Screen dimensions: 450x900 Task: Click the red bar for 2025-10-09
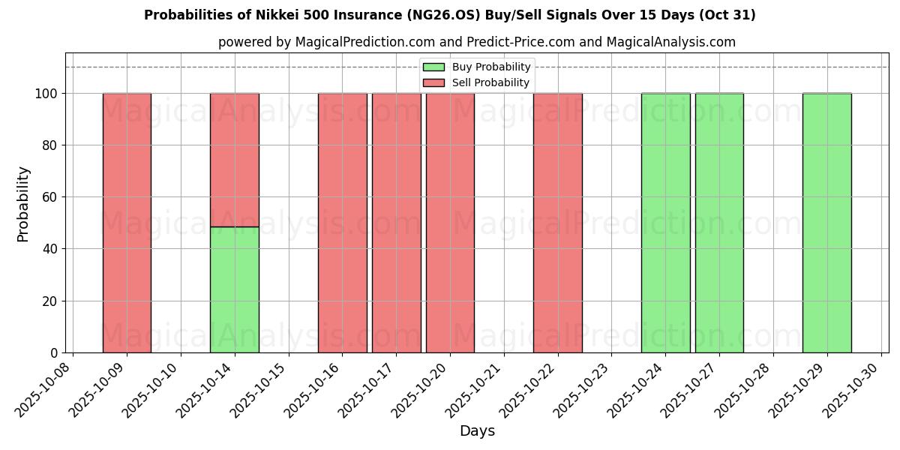click(x=127, y=223)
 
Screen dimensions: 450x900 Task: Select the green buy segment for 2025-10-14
click(x=235, y=289)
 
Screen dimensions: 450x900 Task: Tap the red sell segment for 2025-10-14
click(x=235, y=160)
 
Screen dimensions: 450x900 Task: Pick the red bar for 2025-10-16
click(x=342, y=223)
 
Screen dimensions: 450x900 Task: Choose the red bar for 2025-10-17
click(x=396, y=223)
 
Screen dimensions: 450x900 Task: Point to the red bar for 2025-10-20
click(x=450, y=223)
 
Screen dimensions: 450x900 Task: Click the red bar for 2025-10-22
click(x=557, y=223)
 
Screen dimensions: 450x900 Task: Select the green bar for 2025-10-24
click(x=665, y=223)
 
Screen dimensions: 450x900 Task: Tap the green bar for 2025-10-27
click(x=719, y=223)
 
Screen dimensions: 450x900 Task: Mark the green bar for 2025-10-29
click(x=826, y=223)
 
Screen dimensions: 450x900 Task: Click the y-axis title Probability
click(x=23, y=204)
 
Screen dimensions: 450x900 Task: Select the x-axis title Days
click(x=477, y=431)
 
